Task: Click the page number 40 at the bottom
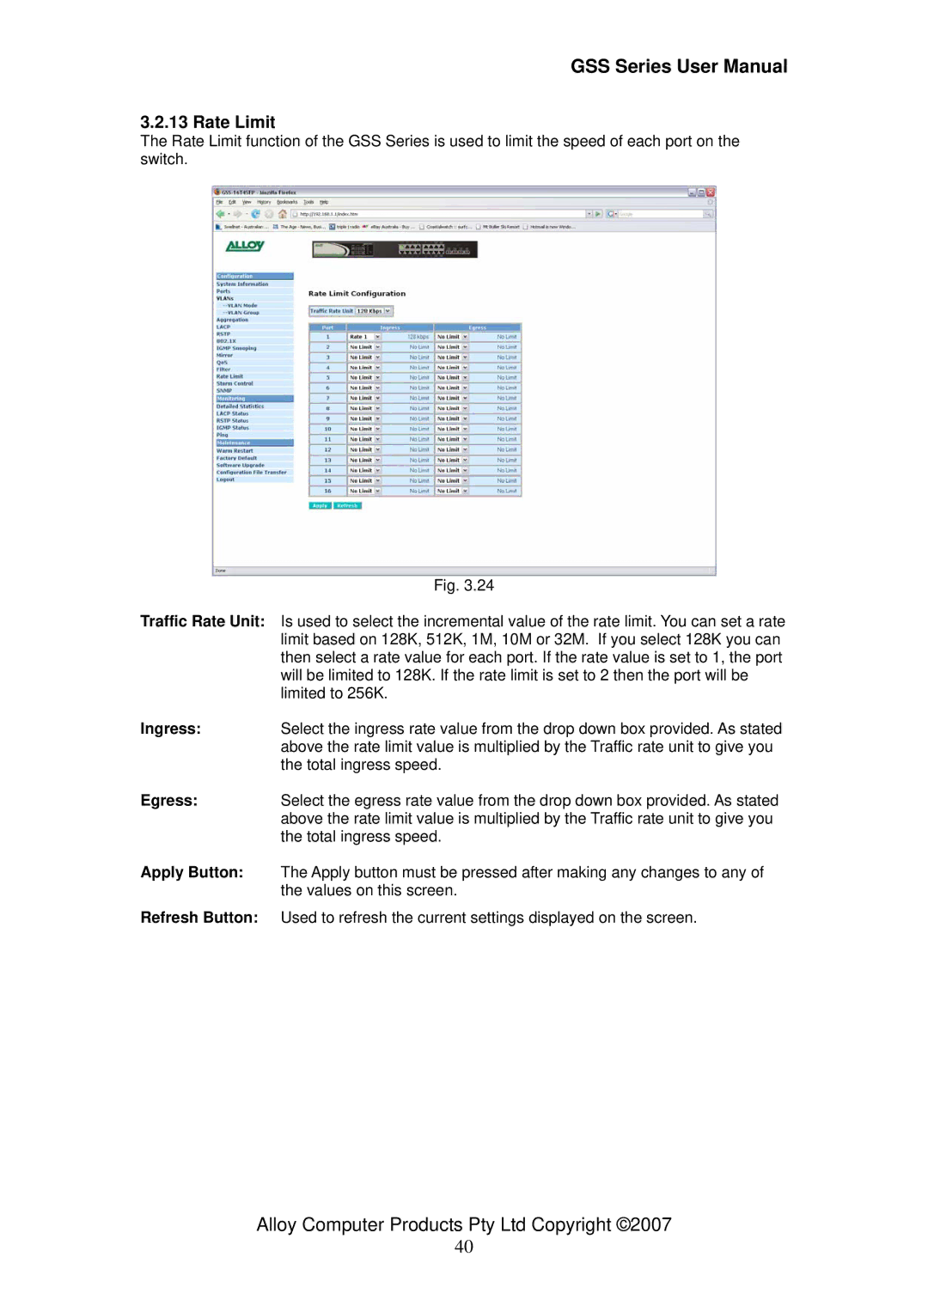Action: [x=464, y=1247]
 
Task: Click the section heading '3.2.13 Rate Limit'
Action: [x=207, y=122]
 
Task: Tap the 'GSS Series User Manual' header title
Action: [x=679, y=66]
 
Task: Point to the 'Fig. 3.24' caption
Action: [x=463, y=585]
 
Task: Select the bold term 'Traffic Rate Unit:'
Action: [x=203, y=621]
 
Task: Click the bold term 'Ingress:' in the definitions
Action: [x=171, y=729]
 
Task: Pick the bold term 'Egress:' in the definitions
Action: [x=169, y=800]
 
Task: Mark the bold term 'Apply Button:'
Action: [x=192, y=872]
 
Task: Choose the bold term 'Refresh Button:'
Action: [x=199, y=918]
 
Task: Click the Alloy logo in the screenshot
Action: [x=244, y=247]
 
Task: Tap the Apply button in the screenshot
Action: [x=320, y=506]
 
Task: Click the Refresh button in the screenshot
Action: [x=347, y=506]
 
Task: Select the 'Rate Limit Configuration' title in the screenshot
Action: [x=357, y=294]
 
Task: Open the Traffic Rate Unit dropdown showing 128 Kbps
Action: [x=374, y=311]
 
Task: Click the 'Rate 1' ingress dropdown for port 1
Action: [x=364, y=337]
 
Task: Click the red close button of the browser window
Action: [x=711, y=192]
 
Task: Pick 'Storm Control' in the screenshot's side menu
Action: [x=235, y=383]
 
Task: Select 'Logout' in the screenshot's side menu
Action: [x=225, y=479]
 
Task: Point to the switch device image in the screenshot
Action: [x=394, y=249]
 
